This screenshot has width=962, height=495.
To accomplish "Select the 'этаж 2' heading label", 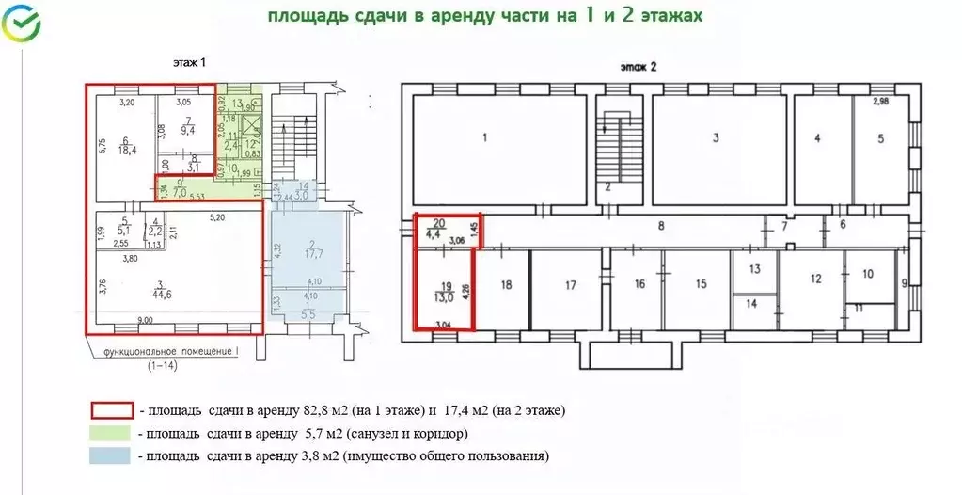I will click(x=638, y=67).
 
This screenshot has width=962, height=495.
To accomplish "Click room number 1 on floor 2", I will click(x=484, y=138).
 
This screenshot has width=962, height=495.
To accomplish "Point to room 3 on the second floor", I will click(x=716, y=138).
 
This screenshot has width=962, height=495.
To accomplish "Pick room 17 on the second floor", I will click(x=570, y=283).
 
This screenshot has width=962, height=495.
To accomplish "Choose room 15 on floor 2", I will click(x=701, y=283).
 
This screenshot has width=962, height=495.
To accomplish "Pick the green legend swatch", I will click(x=109, y=433).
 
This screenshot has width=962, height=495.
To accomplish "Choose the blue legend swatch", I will click(x=109, y=456).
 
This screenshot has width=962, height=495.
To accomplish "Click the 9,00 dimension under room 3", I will click(x=146, y=320).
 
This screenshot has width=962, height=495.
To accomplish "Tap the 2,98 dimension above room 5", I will click(x=880, y=101).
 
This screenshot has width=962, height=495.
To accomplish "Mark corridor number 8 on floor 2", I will click(x=661, y=226).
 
